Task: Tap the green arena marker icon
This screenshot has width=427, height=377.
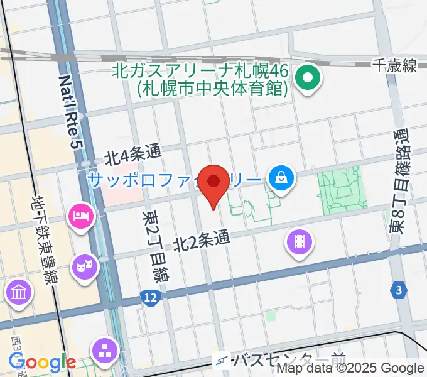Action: coord(308,79)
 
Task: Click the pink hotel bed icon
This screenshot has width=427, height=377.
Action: coord(80,217)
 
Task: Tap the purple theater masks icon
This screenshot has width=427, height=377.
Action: coord(82,266)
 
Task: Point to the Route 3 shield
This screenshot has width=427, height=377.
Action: coord(398,290)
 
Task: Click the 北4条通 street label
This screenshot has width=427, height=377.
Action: coord(132,153)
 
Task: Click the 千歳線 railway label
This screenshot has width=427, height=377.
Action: coord(394,65)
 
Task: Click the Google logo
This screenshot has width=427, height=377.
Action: coord(42,363)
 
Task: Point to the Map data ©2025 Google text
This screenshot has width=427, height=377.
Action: coord(350,369)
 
